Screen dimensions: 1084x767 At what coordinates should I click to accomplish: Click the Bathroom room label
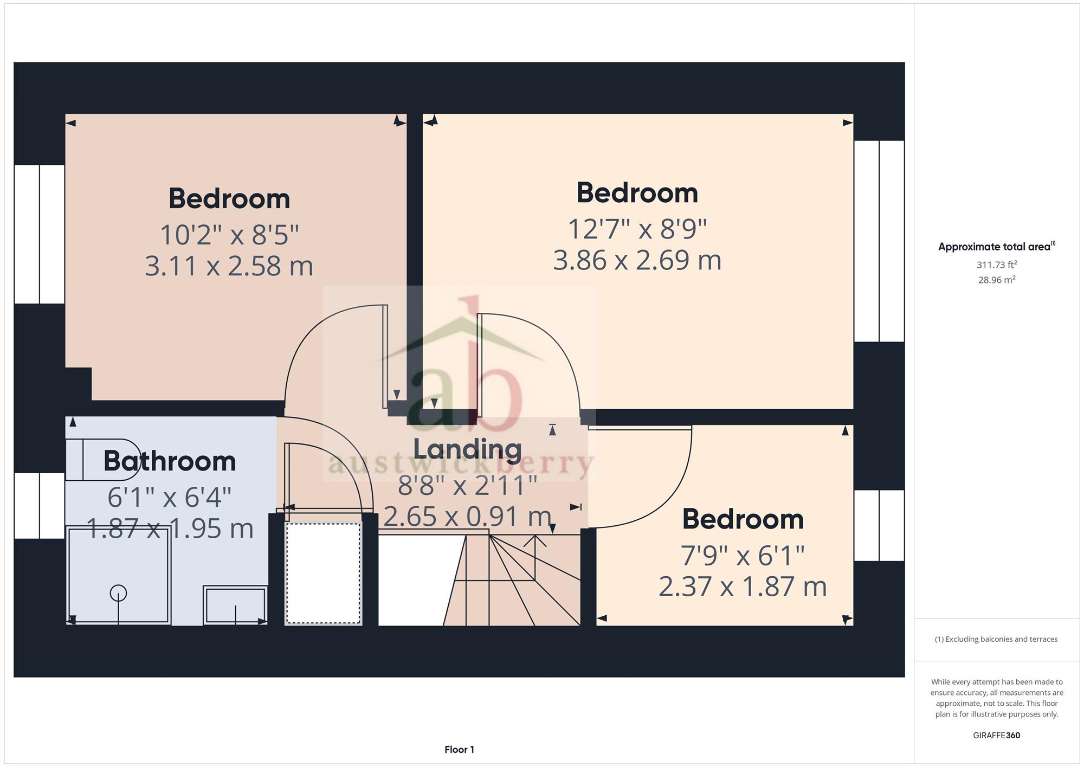pyautogui.click(x=170, y=461)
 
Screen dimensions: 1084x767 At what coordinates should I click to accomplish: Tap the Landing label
pyautogui.click(x=467, y=449)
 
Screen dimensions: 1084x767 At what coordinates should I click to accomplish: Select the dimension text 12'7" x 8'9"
pyautogui.click(x=637, y=229)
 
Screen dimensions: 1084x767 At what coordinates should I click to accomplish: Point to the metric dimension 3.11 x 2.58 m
pyautogui.click(x=229, y=266)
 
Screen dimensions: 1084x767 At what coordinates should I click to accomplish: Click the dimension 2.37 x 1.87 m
pyautogui.click(x=743, y=586)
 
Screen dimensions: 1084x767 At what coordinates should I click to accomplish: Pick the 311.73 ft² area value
pyautogui.click(x=997, y=265)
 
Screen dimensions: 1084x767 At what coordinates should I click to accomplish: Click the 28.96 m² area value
pyautogui.click(x=997, y=280)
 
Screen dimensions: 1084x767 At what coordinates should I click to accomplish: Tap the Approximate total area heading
pyautogui.click(x=997, y=247)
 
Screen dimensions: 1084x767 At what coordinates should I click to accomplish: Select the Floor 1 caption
pyautogui.click(x=459, y=750)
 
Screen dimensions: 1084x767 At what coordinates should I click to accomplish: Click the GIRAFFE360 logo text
pyautogui.click(x=997, y=736)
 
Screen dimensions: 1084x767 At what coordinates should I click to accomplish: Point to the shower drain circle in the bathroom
pyautogui.click(x=118, y=593)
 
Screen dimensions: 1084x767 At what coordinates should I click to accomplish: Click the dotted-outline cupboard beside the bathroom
pyautogui.click(x=323, y=573)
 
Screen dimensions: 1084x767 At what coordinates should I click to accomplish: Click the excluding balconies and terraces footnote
pyautogui.click(x=996, y=639)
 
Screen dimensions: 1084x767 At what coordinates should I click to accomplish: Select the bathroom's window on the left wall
pyautogui.click(x=40, y=506)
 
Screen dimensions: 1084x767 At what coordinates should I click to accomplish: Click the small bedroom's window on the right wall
pyautogui.click(x=879, y=525)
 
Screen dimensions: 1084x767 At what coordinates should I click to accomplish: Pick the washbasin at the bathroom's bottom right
pyautogui.click(x=235, y=605)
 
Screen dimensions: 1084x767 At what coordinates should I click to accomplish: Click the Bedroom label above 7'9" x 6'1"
pyautogui.click(x=743, y=519)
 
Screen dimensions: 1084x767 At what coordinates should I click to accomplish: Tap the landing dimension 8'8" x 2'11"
pyautogui.click(x=467, y=485)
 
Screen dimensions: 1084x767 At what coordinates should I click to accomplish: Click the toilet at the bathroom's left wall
pyautogui.click(x=102, y=460)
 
